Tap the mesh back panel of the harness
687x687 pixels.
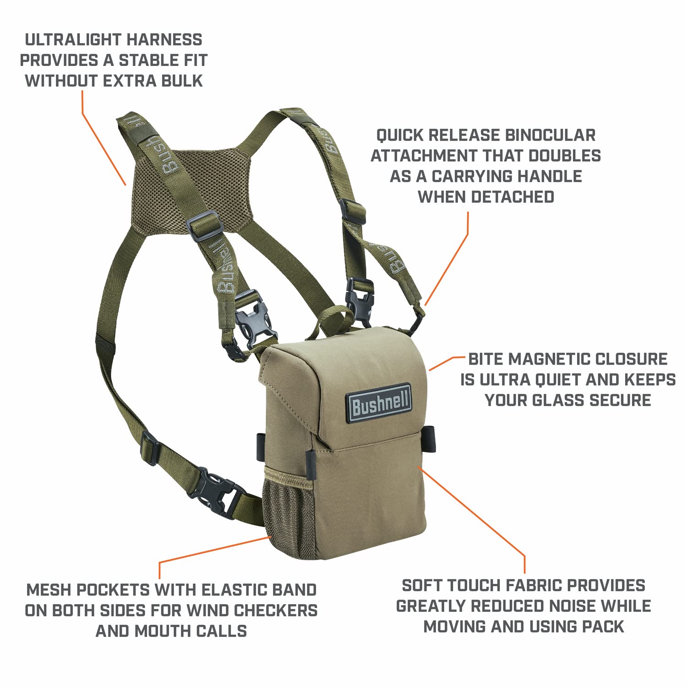point(192,192)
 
